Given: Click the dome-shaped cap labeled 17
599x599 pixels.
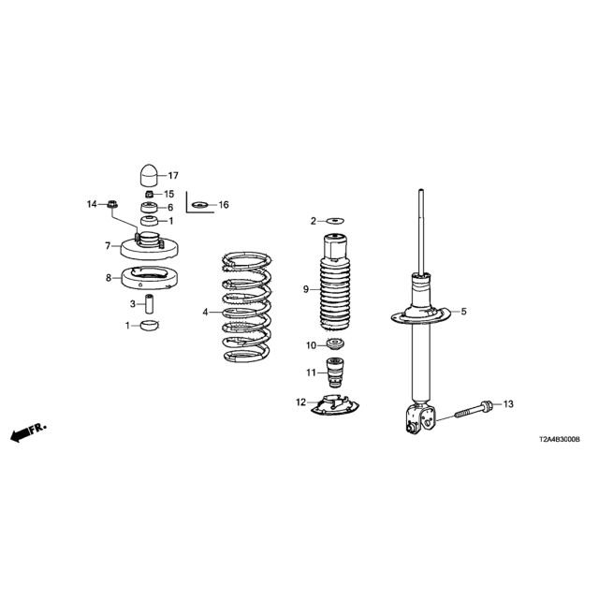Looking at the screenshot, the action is pyautogui.click(x=149, y=175).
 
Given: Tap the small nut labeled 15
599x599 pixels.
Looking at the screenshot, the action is pyautogui.click(x=150, y=194).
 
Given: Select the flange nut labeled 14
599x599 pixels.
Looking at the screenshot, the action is pyautogui.click(x=112, y=204).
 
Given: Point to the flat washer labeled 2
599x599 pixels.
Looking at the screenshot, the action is pyautogui.click(x=335, y=221).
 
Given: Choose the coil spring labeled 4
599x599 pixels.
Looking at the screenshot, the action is pyautogui.click(x=247, y=307).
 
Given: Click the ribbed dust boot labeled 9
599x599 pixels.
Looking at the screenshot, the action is pyautogui.click(x=335, y=283).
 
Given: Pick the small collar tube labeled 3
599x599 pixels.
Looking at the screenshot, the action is pyautogui.click(x=150, y=303).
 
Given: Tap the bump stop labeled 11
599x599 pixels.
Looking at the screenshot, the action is pyautogui.click(x=334, y=373).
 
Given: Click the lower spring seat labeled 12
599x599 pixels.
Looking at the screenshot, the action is pyautogui.click(x=335, y=405).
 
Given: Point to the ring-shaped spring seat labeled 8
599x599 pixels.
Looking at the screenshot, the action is pyautogui.click(x=150, y=278).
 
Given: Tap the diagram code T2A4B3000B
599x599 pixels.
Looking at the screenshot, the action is pyautogui.click(x=559, y=440).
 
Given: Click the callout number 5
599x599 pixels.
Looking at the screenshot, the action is pyautogui.click(x=463, y=312).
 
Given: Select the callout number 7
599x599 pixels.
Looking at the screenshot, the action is pyautogui.click(x=108, y=245).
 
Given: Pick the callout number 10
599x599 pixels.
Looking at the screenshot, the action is pyautogui.click(x=312, y=345).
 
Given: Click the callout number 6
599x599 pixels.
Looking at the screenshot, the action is pyautogui.click(x=170, y=208).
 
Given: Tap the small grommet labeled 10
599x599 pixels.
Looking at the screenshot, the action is pyautogui.click(x=335, y=343).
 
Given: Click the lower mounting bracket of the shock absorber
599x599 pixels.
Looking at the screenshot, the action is pyautogui.click(x=420, y=418).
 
